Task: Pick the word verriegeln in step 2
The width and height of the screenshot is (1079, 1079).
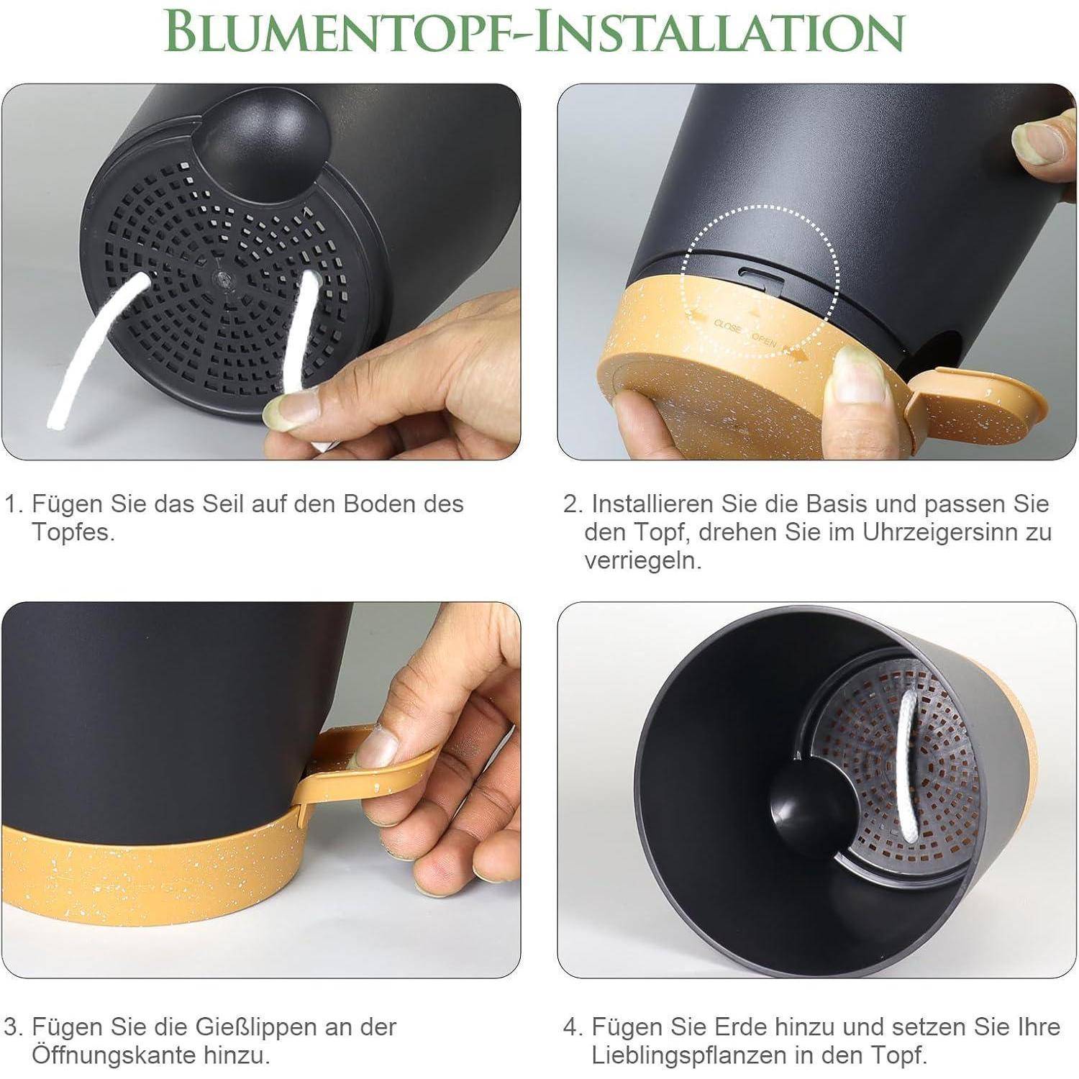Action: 642,561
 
